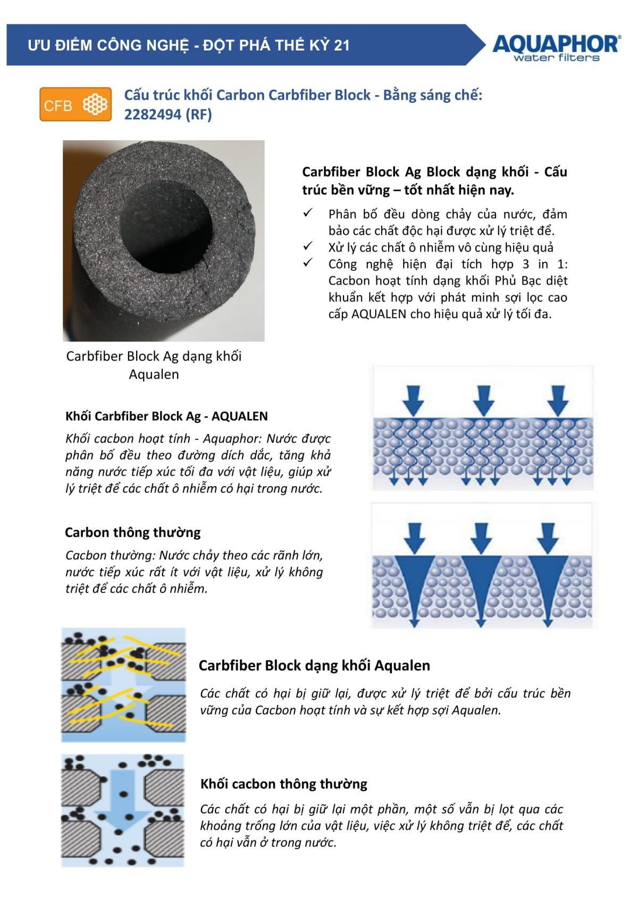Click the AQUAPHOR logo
point(557,48)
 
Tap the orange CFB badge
point(75,104)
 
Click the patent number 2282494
point(153,115)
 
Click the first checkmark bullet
point(308,212)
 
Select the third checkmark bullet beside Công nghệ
point(308,262)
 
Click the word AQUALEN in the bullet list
point(379,314)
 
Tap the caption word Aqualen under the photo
point(154,374)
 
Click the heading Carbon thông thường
point(133,532)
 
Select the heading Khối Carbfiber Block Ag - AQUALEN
point(166,416)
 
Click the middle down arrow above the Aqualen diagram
point(483,401)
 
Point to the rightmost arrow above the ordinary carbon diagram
point(548,538)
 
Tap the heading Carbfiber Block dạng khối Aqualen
point(314,665)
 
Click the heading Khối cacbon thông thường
point(284,784)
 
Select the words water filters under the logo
point(557,57)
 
